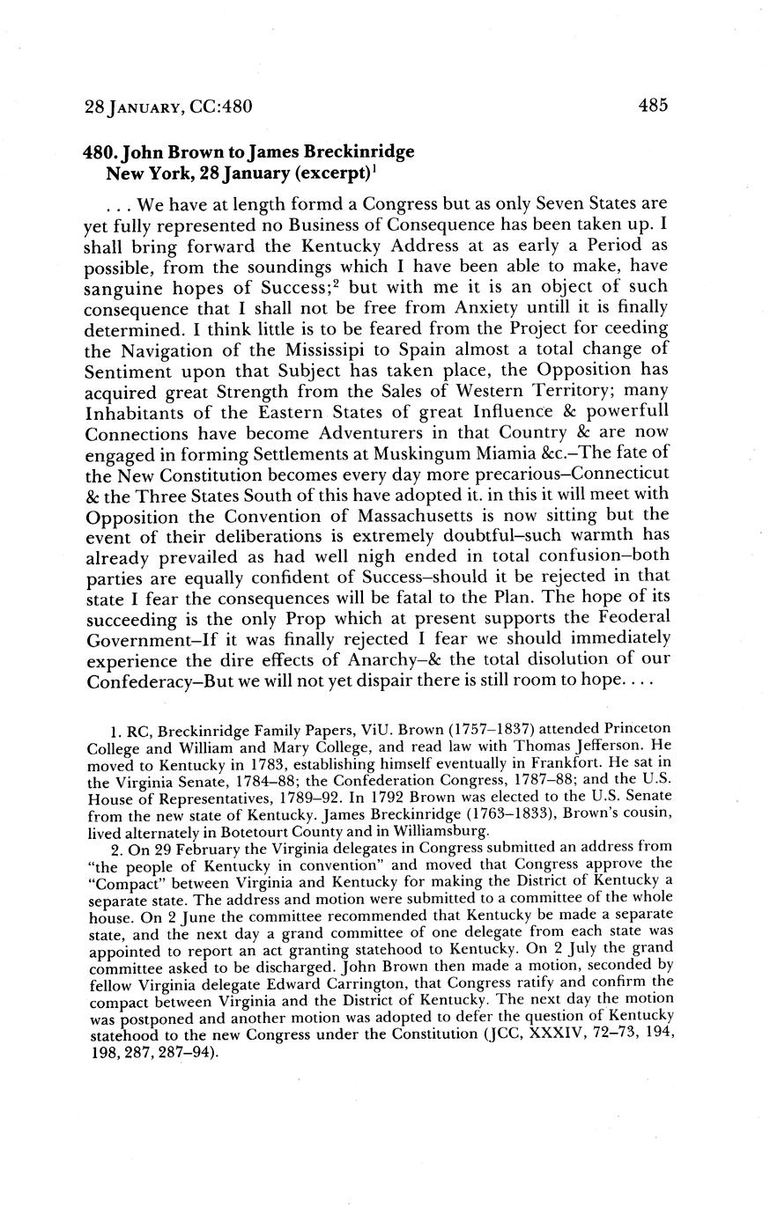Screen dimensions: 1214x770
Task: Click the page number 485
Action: pos(653,106)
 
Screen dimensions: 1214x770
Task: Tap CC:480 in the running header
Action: pos(221,107)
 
